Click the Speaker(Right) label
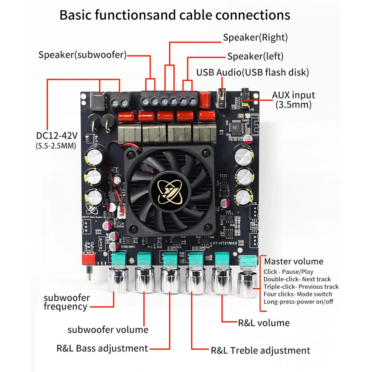point(255,38)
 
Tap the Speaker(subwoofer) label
point(83,55)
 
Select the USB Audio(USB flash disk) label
point(253,73)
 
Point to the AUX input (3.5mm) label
point(294,100)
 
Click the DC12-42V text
point(57,135)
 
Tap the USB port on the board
point(221,98)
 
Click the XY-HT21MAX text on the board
point(225,243)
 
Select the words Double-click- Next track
point(297,279)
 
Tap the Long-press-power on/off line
point(298,302)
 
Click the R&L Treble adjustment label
point(260,350)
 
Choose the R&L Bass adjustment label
point(102,349)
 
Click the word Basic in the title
point(75,15)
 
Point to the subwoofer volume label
point(108,330)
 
